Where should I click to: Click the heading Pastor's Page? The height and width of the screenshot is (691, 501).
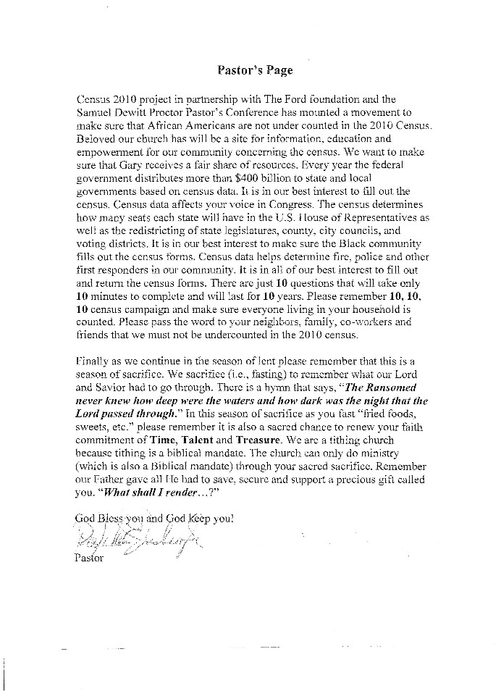tap(255, 70)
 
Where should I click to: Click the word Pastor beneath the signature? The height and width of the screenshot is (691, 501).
tap(89, 558)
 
